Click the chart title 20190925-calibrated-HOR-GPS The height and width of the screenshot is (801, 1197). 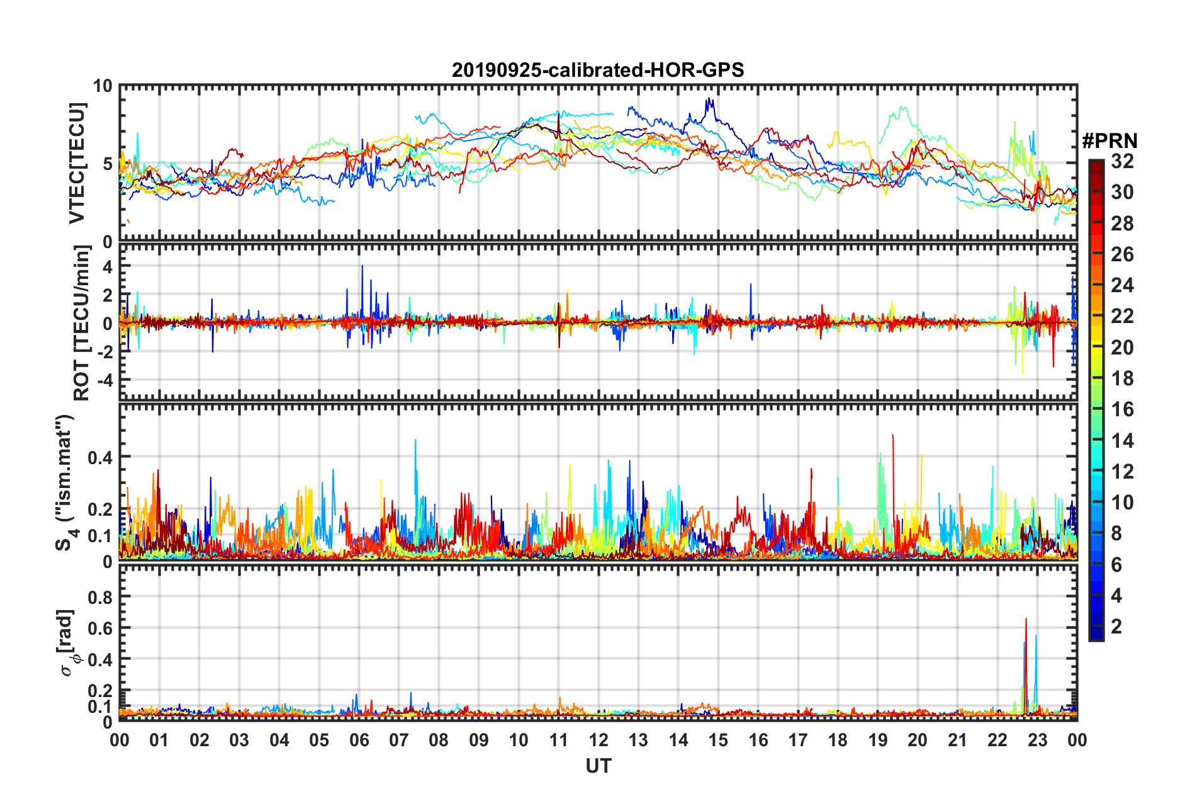(x=598, y=70)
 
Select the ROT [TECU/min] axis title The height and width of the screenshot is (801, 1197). (x=81, y=323)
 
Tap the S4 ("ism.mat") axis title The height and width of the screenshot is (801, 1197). (x=65, y=482)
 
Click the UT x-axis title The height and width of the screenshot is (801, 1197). (x=598, y=766)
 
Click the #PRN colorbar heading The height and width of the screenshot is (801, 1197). (x=1110, y=141)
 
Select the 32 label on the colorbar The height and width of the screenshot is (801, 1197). (x=1122, y=161)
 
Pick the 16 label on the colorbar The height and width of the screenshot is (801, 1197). (x=1122, y=409)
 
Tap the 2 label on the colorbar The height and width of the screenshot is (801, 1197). (x=1116, y=626)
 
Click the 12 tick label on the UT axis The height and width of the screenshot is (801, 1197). (x=598, y=740)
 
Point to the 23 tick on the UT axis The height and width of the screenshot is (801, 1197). (x=1037, y=740)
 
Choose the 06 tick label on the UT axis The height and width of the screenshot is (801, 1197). (x=359, y=740)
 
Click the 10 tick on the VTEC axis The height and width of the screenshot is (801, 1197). (x=103, y=86)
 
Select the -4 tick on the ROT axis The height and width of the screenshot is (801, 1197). (x=106, y=380)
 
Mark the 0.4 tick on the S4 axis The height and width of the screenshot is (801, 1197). (x=100, y=457)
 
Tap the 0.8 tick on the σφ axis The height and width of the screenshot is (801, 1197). (x=101, y=596)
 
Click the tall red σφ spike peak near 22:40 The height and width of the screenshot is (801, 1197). (x=1026, y=619)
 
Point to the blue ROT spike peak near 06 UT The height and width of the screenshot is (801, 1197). (x=362, y=266)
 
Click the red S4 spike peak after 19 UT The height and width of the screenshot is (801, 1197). (x=892, y=435)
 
